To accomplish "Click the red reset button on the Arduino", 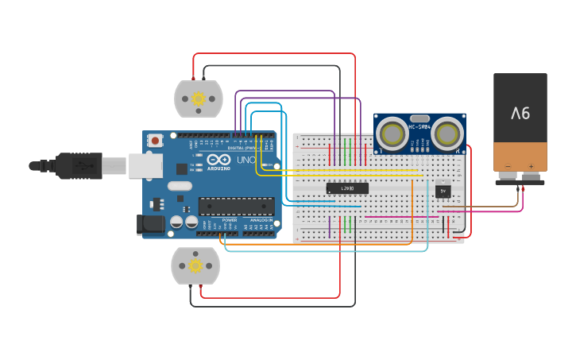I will click(x=155, y=141).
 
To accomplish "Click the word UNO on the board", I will click(x=245, y=161).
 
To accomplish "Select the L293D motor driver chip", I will click(x=347, y=188).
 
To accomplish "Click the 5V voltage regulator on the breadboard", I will click(x=443, y=191).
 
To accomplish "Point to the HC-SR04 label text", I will click(x=419, y=126).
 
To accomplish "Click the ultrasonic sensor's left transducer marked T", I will click(x=392, y=133).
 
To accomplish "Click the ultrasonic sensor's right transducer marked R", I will click(x=447, y=133).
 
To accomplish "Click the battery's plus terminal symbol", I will click(x=531, y=167).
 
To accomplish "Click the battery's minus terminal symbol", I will click(x=508, y=167).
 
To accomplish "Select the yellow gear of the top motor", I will click(x=199, y=99).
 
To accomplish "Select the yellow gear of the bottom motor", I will click(x=195, y=265).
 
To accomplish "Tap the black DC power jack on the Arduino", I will click(x=151, y=225).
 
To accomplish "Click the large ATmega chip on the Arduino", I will click(x=235, y=206).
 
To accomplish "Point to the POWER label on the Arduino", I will click(x=229, y=220).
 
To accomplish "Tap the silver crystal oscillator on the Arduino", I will click(x=180, y=186).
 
